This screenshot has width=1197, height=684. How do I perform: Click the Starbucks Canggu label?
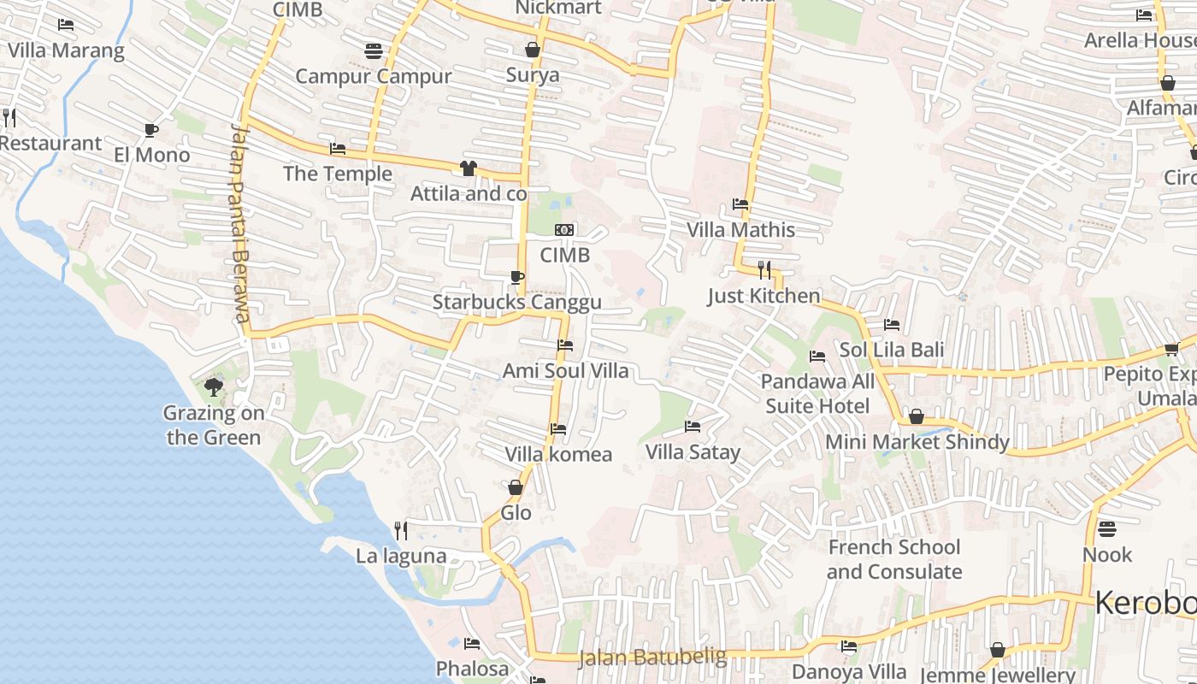tap(516, 302)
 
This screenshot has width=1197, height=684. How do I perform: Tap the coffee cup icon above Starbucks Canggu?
tap(516, 276)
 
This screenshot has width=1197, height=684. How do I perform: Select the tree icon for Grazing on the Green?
tap(214, 387)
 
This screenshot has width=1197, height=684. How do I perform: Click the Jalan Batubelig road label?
tap(652, 657)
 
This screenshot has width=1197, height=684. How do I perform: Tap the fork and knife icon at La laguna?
tap(400, 530)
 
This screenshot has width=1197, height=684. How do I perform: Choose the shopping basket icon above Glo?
tap(516, 487)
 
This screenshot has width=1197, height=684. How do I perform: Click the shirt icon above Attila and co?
tap(468, 168)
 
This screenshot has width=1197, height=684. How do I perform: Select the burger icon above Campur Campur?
tap(373, 50)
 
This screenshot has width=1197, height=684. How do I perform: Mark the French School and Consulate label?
tap(893, 559)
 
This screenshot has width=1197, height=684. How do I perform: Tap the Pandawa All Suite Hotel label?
tap(817, 393)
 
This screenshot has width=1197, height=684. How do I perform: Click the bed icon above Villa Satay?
tap(693, 426)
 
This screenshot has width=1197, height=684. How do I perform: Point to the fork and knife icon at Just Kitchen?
tap(764, 270)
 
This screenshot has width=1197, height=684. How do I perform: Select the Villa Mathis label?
tap(741, 230)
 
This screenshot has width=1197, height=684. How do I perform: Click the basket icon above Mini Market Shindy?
tap(917, 416)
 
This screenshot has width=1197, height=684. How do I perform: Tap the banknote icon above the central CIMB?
tap(564, 229)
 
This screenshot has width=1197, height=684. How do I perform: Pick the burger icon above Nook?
tap(1107, 528)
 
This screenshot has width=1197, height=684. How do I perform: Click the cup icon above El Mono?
tap(151, 130)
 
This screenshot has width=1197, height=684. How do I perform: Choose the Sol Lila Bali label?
tap(892, 350)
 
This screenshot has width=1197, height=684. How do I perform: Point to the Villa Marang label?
tap(66, 50)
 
